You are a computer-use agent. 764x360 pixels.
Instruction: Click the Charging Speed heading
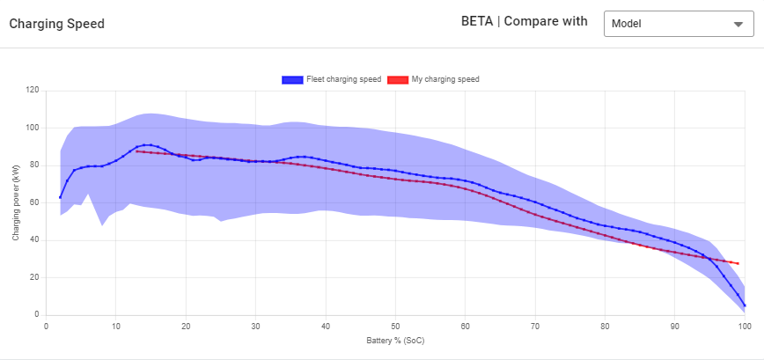click(56, 24)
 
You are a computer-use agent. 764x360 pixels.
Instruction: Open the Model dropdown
click(678, 24)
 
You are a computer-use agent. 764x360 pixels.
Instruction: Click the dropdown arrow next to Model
click(738, 24)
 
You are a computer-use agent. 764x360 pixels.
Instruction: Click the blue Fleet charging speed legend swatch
click(292, 79)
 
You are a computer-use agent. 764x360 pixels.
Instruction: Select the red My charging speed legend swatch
click(399, 79)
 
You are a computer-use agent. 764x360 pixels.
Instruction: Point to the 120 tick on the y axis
click(33, 90)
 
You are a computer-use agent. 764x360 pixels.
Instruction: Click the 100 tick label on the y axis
click(33, 128)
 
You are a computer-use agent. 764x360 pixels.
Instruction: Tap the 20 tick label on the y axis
click(35, 277)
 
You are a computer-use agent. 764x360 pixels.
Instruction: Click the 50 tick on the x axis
click(395, 325)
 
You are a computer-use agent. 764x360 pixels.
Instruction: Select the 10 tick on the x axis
click(115, 325)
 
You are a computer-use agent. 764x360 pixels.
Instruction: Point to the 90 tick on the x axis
click(674, 325)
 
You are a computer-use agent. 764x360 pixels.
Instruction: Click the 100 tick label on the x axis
click(744, 325)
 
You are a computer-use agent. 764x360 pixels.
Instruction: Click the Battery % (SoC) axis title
click(395, 339)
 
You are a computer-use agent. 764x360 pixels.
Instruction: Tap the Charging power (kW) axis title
click(14, 202)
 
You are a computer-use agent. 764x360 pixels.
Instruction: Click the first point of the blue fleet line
click(60, 197)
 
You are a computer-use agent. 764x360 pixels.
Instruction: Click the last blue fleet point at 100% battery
click(745, 305)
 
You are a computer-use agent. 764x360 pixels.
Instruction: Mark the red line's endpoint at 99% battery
click(738, 263)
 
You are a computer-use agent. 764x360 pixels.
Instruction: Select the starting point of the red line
click(136, 151)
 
